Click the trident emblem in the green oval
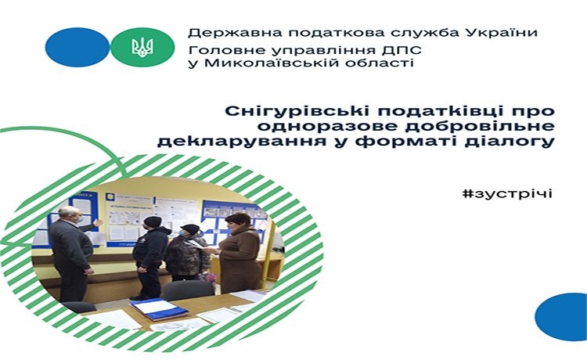(x=142, y=48)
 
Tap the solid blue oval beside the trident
(x=77, y=47)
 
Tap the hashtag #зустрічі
(x=507, y=194)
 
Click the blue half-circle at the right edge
(x=562, y=317)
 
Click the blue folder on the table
(x=158, y=308)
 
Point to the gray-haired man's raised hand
(x=98, y=223)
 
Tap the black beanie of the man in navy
(x=153, y=221)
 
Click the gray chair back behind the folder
(x=189, y=290)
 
